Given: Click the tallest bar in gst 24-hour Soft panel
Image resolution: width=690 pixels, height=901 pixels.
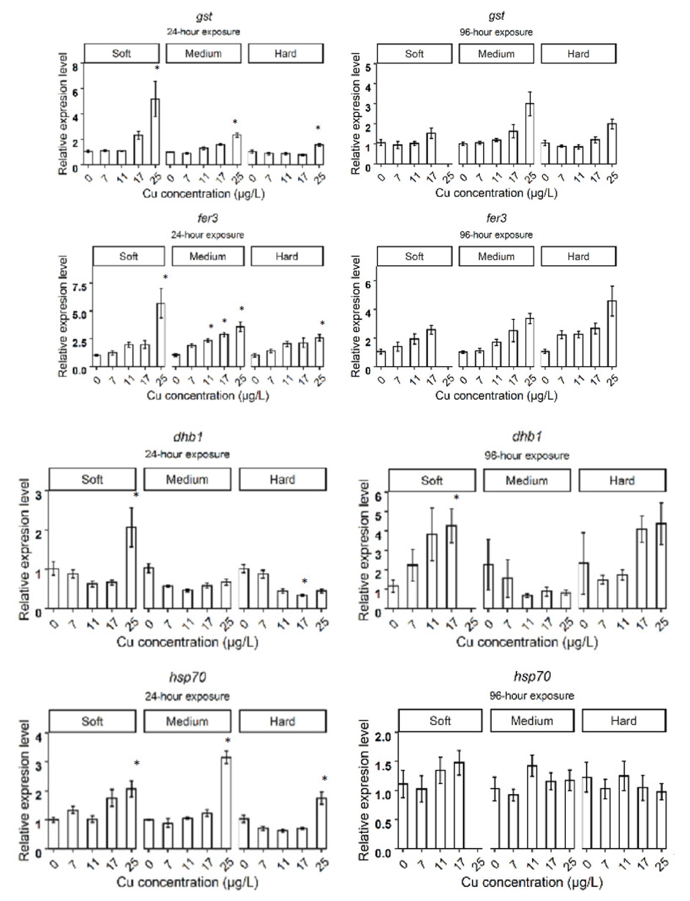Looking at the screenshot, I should pyautogui.click(x=155, y=131).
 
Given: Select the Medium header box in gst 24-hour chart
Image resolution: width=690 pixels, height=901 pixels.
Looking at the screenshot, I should pyautogui.click(x=203, y=53).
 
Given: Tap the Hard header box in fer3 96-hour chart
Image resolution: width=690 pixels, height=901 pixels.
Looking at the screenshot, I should pyautogui.click(x=578, y=257).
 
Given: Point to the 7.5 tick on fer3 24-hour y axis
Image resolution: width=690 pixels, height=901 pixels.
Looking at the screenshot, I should pyautogui.click(x=79, y=286).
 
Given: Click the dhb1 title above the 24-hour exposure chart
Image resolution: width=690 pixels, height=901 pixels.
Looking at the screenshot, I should pyautogui.click(x=188, y=437).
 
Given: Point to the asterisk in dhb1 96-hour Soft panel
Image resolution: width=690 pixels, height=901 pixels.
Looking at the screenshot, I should pyautogui.click(x=456, y=498).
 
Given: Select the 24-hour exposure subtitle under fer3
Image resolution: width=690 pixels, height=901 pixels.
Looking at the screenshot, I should pyautogui.click(x=207, y=235).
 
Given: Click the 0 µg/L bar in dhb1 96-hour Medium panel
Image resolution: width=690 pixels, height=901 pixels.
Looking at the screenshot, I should pyautogui.click(x=488, y=586).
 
